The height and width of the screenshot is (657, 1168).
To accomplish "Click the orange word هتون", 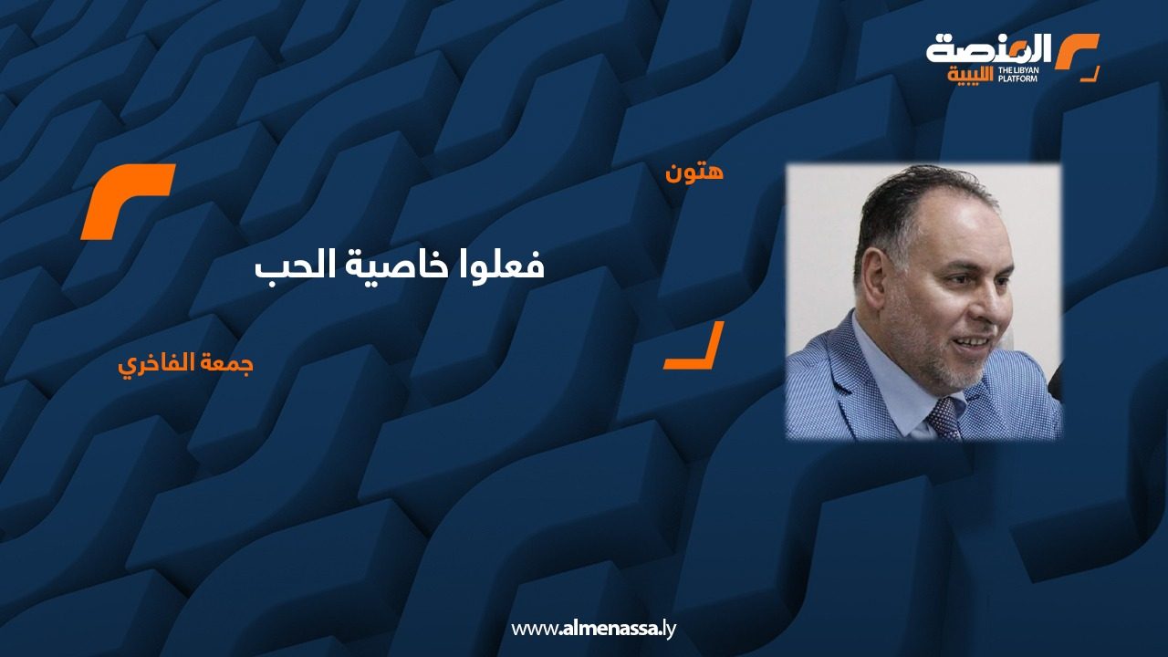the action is click(694, 172).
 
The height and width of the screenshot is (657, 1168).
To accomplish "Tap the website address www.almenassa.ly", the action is click(593, 629).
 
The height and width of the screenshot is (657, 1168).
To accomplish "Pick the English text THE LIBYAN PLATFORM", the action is click(1017, 74).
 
